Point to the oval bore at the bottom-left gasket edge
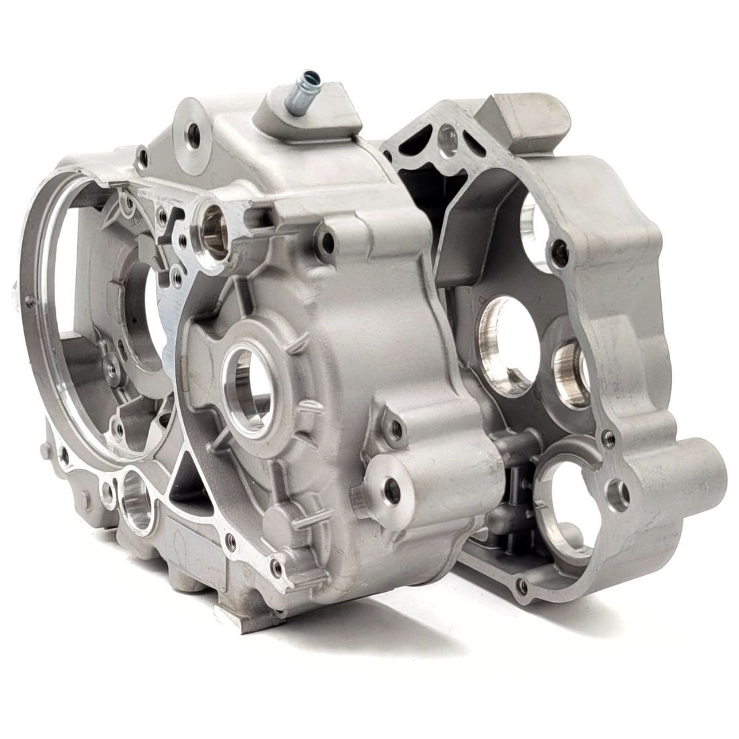[138, 501]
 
